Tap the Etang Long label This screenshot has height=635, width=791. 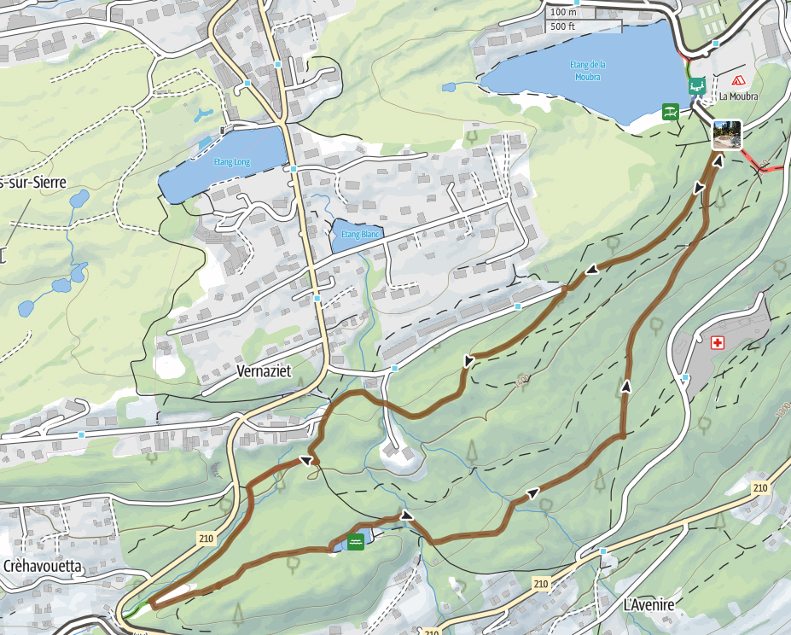pyautogui.click(x=231, y=161)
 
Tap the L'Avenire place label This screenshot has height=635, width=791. pyautogui.click(x=649, y=604)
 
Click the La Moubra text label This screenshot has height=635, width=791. pyautogui.click(x=737, y=96)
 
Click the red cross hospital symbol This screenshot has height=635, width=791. pyautogui.click(x=718, y=342)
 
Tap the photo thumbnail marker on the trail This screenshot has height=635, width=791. pyautogui.click(x=727, y=135)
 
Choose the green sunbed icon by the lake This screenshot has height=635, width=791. pyautogui.click(x=672, y=111)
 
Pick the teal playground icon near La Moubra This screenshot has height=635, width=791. pyautogui.click(x=697, y=86)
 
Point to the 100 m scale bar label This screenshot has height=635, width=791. pyautogui.click(x=563, y=12)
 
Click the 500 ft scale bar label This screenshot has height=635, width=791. pyautogui.click(x=563, y=26)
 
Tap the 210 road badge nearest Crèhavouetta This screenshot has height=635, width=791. pyautogui.click(x=205, y=539)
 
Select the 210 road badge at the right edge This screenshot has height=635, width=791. pyautogui.click(x=759, y=487)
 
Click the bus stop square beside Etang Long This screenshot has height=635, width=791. pyautogui.click(x=293, y=170)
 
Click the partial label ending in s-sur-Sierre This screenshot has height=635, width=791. pyautogui.click(x=32, y=182)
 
